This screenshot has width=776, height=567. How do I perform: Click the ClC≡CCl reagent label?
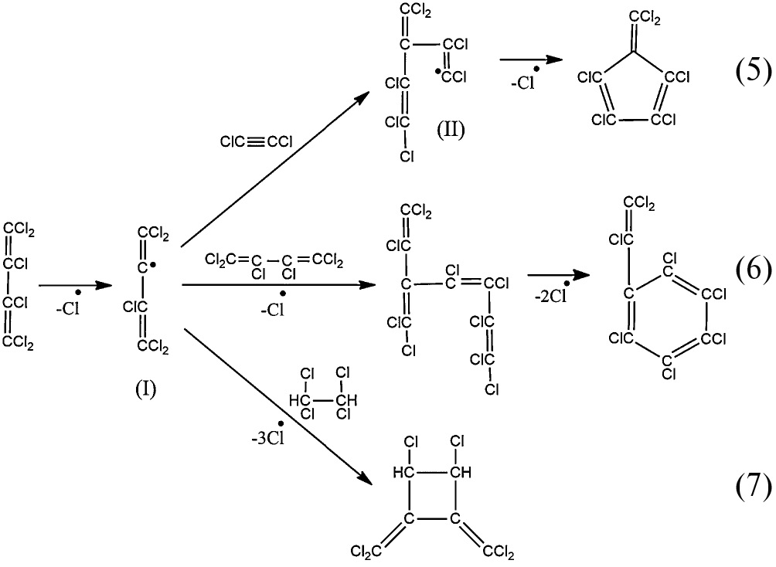(256, 141)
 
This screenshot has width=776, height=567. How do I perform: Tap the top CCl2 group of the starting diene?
(21, 229)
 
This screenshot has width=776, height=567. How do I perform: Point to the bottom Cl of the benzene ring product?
(669, 374)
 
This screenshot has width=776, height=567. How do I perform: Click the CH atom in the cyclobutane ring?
(461, 470)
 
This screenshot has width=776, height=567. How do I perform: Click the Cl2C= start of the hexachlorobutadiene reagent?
(220, 259)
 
